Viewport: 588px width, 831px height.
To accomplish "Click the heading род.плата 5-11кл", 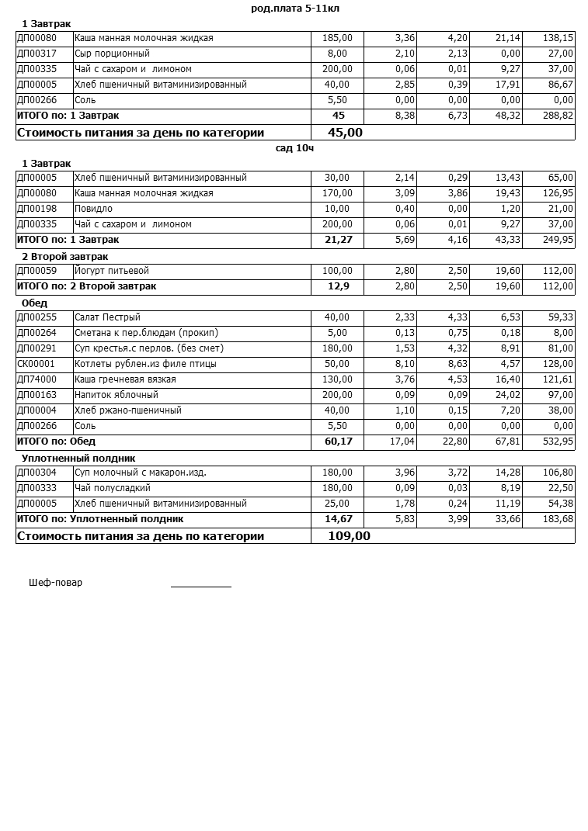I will pos(295,9).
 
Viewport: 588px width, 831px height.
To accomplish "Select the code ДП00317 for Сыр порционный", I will pos(37,54).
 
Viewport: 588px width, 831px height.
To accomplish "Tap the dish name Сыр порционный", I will pos(112,54).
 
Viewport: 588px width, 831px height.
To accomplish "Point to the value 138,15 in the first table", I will pos(558,38).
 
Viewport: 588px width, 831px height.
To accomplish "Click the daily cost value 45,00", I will pos(345,133).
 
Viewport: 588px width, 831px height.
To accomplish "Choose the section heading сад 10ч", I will pos(294,148).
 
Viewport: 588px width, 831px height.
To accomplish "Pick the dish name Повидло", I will pos(93,209).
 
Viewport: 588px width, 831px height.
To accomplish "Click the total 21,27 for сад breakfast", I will pos(338,240).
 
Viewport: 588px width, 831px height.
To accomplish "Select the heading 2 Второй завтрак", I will pos(64,256).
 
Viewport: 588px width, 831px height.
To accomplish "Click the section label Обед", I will pos(34,303).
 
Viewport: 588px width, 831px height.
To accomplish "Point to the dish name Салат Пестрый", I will pos(107,317).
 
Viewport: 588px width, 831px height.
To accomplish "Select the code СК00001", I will pos(37,364).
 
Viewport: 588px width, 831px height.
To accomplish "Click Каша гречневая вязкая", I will pos(125,379).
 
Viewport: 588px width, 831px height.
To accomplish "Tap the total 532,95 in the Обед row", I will pos(558,441).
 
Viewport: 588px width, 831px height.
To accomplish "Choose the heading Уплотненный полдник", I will pos(78,458).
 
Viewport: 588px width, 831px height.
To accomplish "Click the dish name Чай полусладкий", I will pos(113,488).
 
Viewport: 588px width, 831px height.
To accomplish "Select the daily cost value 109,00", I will pos(349,536).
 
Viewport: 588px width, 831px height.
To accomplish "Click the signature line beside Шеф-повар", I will pos(200,586).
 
